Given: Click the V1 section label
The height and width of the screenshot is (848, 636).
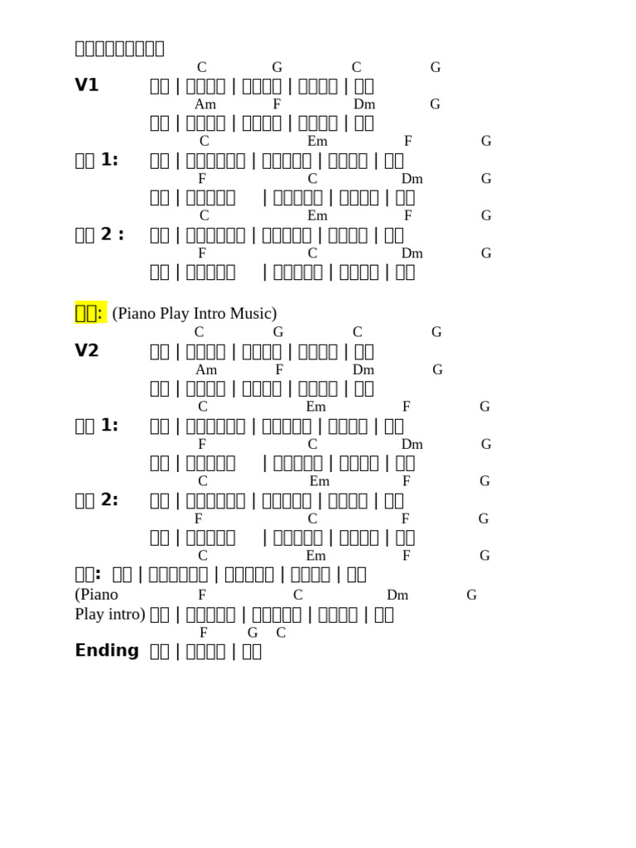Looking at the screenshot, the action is click(x=87, y=85).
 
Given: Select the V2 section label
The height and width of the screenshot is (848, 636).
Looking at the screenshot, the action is click(x=87, y=350).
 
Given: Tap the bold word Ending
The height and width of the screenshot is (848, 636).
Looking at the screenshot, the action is click(x=107, y=650).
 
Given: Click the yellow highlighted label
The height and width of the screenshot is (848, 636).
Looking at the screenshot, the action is click(x=89, y=312).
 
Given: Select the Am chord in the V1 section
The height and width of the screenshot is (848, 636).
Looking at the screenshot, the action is click(x=205, y=104).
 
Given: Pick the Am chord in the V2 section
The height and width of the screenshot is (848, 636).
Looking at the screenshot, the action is click(x=206, y=369).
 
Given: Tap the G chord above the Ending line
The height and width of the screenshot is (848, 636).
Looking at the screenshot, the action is click(x=253, y=633).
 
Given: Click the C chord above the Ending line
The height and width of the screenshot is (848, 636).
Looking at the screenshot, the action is click(x=281, y=633).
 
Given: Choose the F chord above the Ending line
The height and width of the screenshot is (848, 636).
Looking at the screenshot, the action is click(x=204, y=633).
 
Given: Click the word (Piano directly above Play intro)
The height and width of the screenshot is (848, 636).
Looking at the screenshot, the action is click(x=97, y=595).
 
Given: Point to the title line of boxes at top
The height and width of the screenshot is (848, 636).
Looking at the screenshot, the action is click(x=119, y=48).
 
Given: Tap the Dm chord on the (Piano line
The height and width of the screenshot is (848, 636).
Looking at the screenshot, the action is click(x=397, y=595).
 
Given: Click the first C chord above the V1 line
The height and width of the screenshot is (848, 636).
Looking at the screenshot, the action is click(x=202, y=67).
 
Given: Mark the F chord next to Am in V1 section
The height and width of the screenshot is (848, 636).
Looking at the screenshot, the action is click(x=277, y=104).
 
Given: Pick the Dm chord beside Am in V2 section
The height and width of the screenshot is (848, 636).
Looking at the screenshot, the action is click(x=364, y=369).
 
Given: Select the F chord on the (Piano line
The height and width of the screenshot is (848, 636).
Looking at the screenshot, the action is click(x=202, y=595).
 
